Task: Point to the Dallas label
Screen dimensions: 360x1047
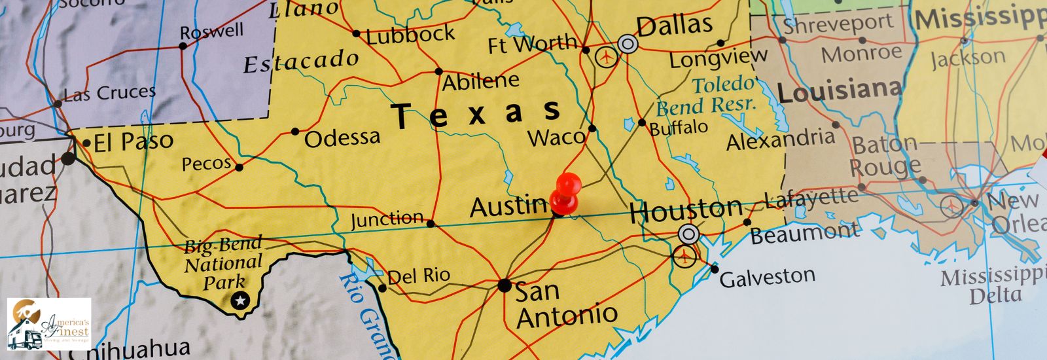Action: tap(674, 26)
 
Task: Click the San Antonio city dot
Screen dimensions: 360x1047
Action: tap(504, 285)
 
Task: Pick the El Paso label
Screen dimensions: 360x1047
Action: tap(133, 141)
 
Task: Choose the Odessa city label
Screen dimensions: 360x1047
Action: tap(342, 137)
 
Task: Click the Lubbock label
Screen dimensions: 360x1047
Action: tap(410, 35)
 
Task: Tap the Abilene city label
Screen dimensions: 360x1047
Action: tap(480, 82)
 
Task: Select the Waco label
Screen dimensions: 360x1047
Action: tap(556, 137)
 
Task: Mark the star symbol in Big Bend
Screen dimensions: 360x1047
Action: tap(241, 300)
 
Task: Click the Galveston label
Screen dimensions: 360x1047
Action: tap(767, 278)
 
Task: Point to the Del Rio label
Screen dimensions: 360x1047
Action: tap(419, 276)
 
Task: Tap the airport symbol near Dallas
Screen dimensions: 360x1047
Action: tap(607, 57)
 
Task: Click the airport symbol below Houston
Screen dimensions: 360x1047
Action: tap(684, 256)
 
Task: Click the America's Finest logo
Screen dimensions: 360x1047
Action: tap(49, 324)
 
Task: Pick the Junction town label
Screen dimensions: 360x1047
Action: tap(387, 219)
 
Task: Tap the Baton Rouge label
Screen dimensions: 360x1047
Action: tap(885, 156)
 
